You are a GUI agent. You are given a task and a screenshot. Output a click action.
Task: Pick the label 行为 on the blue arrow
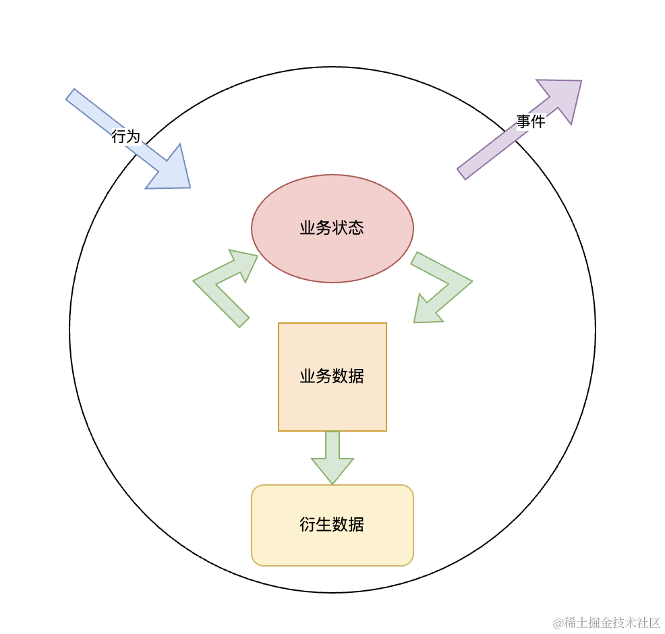click(x=125, y=137)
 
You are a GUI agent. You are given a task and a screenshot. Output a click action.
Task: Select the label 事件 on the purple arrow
click(x=531, y=122)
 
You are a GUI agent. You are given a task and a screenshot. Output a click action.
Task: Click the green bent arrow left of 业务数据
click(x=223, y=287)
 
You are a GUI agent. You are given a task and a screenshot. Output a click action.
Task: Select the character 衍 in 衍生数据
click(x=308, y=525)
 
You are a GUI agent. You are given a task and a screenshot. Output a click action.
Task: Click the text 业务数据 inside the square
click(x=332, y=376)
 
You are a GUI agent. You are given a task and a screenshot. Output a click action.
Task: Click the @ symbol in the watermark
click(x=558, y=623)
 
